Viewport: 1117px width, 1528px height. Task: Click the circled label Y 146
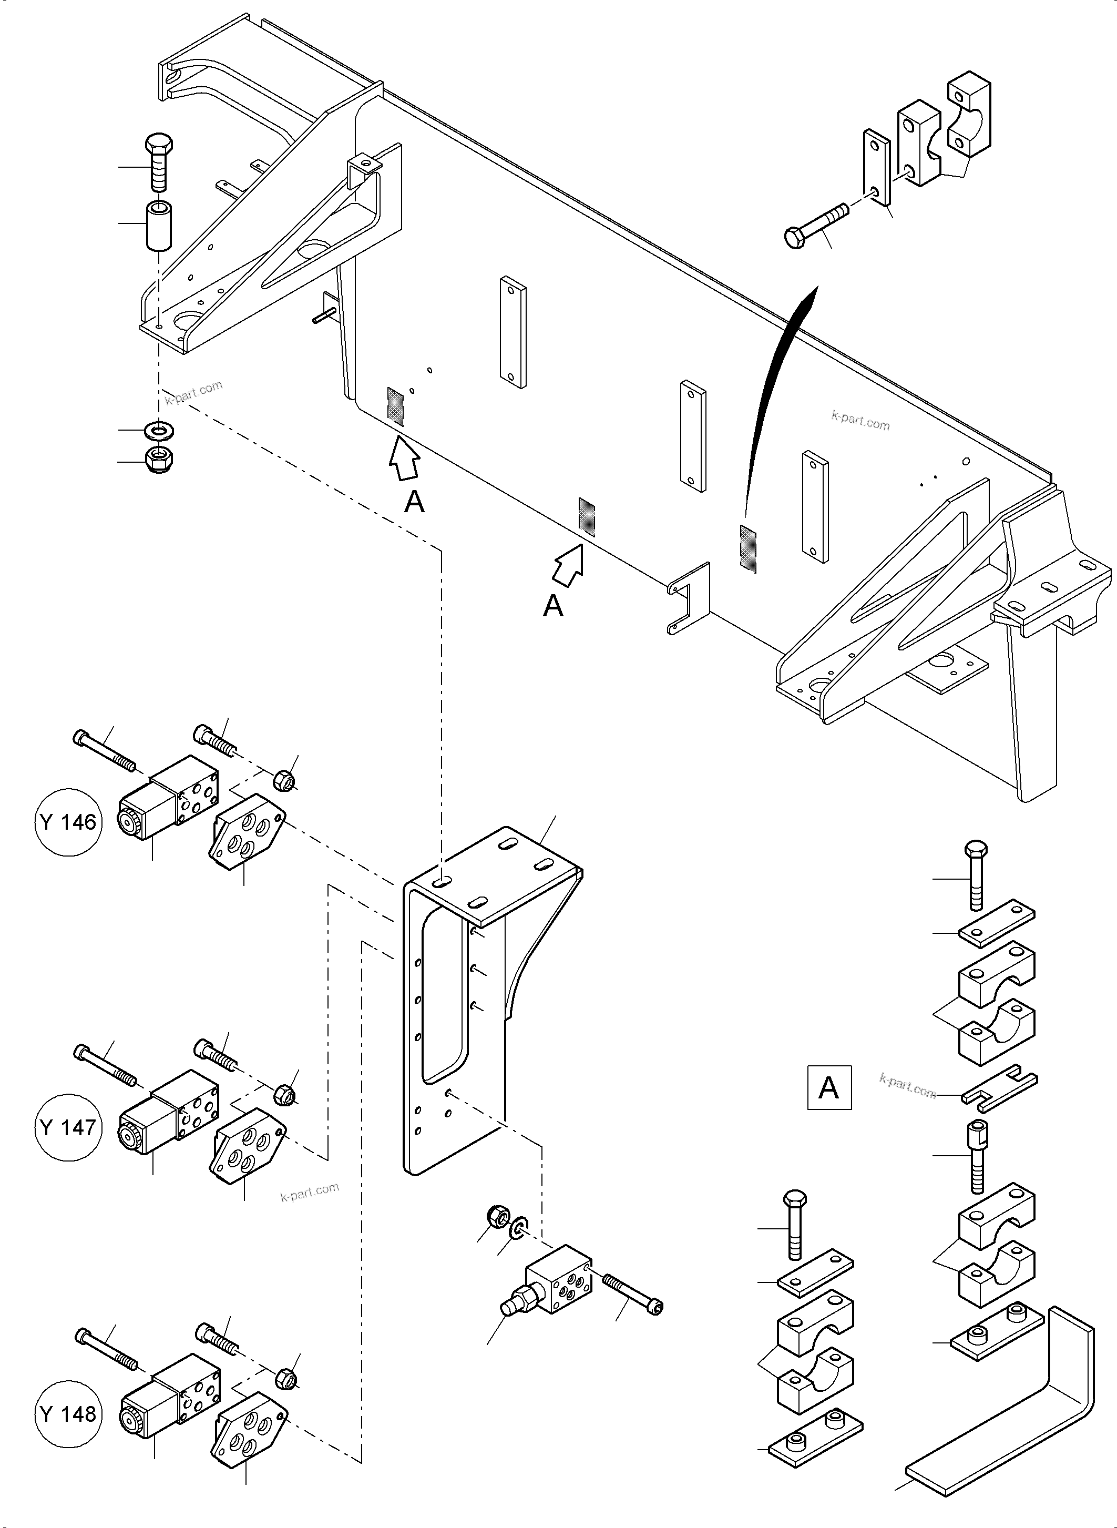(68, 822)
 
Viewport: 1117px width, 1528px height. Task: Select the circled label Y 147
(68, 1127)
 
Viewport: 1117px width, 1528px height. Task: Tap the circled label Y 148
(68, 1414)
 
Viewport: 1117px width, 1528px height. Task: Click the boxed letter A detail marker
(829, 1088)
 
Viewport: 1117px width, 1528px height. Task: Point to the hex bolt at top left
(159, 162)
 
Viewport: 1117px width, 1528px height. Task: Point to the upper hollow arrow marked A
(404, 459)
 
